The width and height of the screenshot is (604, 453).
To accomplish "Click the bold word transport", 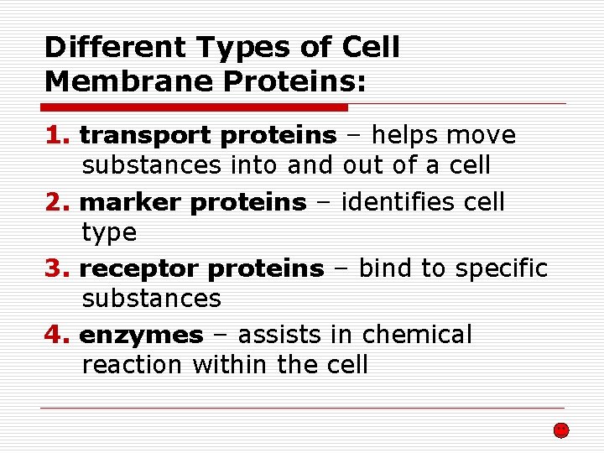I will [x=148, y=136].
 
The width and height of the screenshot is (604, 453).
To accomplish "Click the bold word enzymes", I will [x=141, y=336].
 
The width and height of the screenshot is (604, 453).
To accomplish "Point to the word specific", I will [x=501, y=269].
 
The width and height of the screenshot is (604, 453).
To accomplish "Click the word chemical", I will [x=417, y=335].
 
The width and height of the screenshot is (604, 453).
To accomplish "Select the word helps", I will [x=407, y=135].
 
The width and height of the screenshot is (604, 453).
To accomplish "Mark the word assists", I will [x=280, y=335].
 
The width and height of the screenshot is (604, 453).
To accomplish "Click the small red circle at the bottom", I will [x=561, y=430].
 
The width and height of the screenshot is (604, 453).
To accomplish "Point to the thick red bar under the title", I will [x=194, y=107].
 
